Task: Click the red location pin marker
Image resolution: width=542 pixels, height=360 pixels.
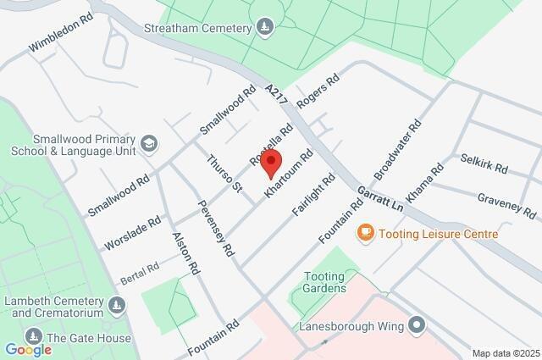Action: pyautogui.click(x=271, y=163)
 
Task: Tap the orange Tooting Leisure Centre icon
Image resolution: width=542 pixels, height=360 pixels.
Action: pyautogui.click(x=366, y=232)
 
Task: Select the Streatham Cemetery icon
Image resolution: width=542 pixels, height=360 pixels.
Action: pyautogui.click(x=266, y=28)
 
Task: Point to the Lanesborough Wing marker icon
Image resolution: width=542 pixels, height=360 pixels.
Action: pyautogui.click(x=416, y=324)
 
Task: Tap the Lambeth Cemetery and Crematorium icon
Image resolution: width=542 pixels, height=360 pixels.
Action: pyautogui.click(x=117, y=303)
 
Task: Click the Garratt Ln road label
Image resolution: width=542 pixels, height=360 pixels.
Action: pyautogui.click(x=380, y=199)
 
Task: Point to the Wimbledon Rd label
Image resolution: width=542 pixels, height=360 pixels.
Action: pyautogui.click(x=58, y=30)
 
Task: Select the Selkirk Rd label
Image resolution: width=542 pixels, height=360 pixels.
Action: pyautogui.click(x=484, y=163)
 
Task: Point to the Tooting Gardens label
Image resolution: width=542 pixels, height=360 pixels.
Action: pyautogui.click(x=325, y=282)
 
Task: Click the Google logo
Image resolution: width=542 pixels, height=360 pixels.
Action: pyautogui.click(x=28, y=349)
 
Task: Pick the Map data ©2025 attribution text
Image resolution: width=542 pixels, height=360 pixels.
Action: pyautogui.click(x=506, y=353)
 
